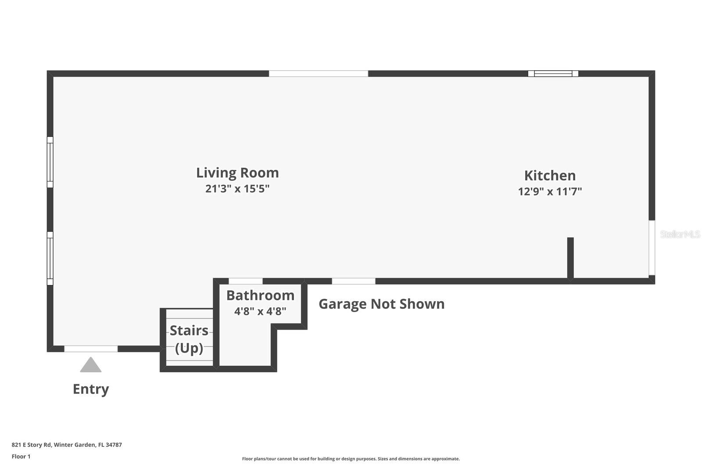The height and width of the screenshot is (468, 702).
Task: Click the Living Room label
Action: (x=237, y=173)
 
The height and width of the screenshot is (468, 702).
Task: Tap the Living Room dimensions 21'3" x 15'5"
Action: (x=237, y=189)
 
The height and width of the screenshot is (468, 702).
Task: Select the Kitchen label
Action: (x=550, y=176)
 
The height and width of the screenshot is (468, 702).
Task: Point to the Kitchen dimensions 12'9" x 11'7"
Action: (x=550, y=191)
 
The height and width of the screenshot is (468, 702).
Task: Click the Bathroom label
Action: (x=260, y=295)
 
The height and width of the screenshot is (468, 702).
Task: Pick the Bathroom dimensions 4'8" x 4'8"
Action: (x=260, y=311)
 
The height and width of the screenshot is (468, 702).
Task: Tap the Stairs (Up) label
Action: (x=189, y=339)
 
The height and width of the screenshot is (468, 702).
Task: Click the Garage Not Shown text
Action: (x=381, y=304)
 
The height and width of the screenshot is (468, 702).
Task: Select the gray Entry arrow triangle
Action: (x=90, y=365)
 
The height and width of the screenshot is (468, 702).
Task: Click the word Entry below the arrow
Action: (x=91, y=389)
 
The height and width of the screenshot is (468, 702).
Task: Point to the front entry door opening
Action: (x=91, y=349)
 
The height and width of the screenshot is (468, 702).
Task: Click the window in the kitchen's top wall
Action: (x=553, y=74)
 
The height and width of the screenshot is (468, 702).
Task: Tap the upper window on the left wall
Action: (x=50, y=162)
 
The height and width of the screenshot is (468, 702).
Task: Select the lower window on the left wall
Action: (x=50, y=259)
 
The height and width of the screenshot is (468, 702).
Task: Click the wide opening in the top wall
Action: (x=319, y=74)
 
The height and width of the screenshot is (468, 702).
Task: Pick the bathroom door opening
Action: (x=246, y=281)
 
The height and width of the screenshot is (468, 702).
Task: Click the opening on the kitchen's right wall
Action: (x=652, y=248)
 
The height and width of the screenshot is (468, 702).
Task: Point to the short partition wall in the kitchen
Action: (x=570, y=258)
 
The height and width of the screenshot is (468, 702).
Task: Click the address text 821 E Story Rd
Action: (x=31, y=445)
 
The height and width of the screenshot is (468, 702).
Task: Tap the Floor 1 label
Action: (x=21, y=457)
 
